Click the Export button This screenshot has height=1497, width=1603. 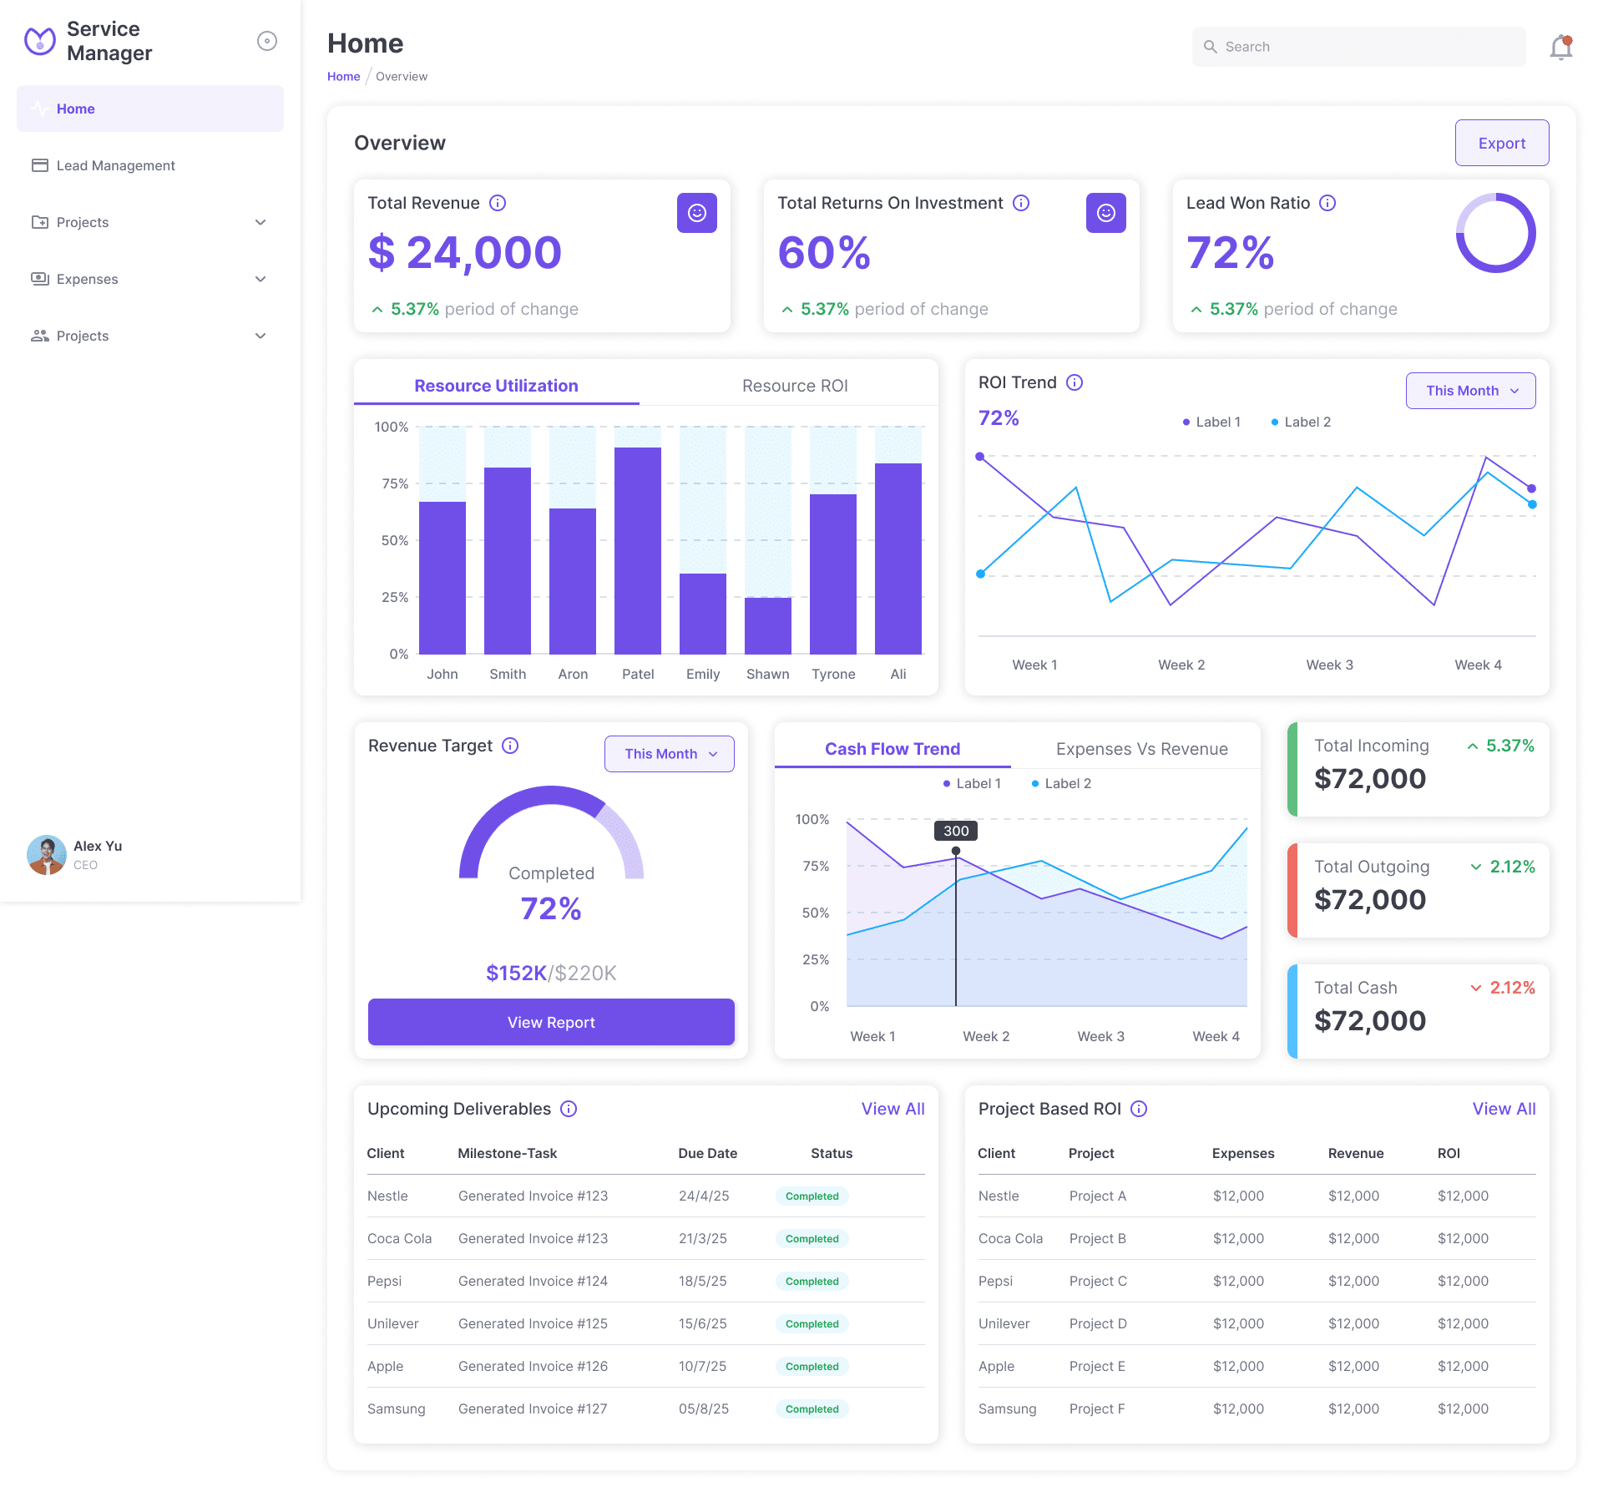tap(1501, 143)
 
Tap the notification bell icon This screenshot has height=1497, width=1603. tap(1560, 48)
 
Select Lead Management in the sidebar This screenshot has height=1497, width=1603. tap(115, 165)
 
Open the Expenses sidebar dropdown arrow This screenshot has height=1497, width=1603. tap(260, 279)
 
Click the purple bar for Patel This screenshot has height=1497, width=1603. tap(637, 551)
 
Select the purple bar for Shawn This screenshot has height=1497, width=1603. tap(767, 625)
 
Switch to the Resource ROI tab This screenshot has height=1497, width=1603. tap(794, 386)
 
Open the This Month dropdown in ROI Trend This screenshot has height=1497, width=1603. tap(1470, 391)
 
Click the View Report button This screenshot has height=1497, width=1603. tap(551, 1022)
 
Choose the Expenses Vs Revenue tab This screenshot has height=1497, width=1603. tap(1141, 749)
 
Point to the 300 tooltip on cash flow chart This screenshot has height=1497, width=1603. tap(956, 831)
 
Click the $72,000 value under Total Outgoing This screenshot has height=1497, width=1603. tap(1369, 900)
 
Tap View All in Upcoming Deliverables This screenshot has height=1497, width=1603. tap(893, 1109)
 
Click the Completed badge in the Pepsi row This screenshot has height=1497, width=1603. tap(812, 1281)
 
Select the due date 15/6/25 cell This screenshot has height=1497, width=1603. tap(702, 1323)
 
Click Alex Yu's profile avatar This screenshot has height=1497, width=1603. tap(46, 854)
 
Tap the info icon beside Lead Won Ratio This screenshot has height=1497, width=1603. tap(1327, 203)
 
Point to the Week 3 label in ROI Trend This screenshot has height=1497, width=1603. tap(1329, 665)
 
